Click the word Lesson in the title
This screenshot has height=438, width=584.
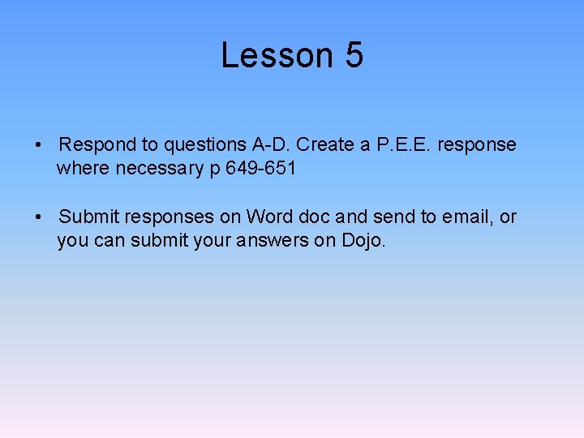click(x=277, y=55)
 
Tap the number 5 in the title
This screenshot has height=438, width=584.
click(x=354, y=55)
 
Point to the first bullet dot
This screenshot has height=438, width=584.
click(x=39, y=145)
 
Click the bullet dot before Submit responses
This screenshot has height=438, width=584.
click(x=39, y=217)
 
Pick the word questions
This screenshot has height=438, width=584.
click(x=205, y=145)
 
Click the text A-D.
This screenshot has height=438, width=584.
click(x=272, y=144)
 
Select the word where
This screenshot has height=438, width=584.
click(x=84, y=168)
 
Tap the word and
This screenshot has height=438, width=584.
click(x=351, y=217)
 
